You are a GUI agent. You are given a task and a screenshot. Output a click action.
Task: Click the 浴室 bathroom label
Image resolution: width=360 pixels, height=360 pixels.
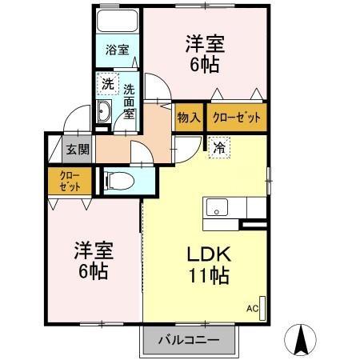(x=117, y=50)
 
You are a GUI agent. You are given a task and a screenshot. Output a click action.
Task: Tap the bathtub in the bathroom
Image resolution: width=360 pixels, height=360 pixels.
(x=117, y=22)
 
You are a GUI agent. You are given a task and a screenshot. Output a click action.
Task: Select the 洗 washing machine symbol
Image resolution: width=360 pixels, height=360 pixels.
(x=106, y=84)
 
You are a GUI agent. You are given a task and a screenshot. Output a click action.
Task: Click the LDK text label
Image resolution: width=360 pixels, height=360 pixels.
(x=209, y=255)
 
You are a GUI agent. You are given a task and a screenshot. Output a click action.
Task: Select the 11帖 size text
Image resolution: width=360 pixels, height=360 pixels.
(x=209, y=277)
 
